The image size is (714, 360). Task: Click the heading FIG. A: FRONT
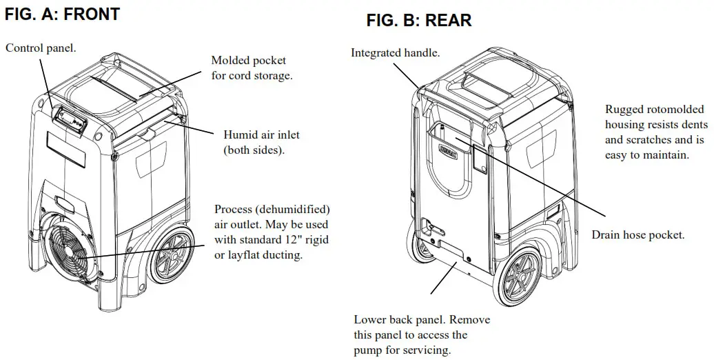[62, 14]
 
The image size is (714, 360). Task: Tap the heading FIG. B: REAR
[419, 21]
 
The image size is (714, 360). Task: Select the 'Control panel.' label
[41, 48]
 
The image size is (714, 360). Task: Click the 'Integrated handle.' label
[395, 52]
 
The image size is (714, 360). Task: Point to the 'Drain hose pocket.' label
[637, 235]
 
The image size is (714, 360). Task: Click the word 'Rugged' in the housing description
[624, 109]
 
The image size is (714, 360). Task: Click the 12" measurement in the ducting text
[291, 241]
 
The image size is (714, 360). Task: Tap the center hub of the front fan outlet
[71, 253]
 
